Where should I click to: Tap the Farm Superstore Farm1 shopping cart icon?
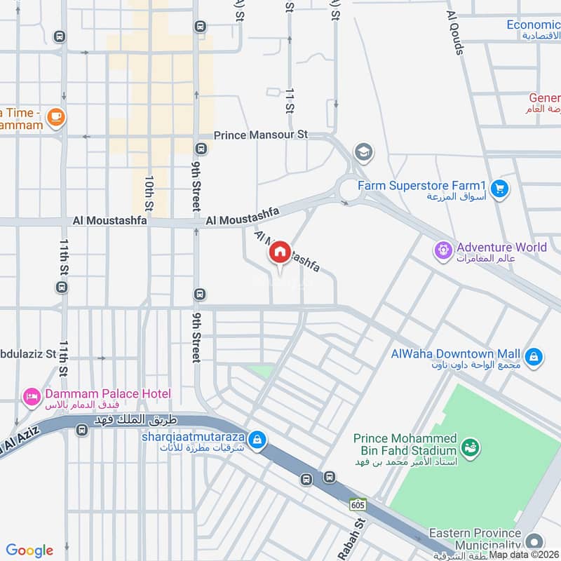499,187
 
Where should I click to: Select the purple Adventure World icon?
443,248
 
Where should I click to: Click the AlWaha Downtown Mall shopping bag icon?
534,356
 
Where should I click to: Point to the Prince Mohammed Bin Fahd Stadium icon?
471,445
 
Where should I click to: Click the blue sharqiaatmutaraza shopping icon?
257,439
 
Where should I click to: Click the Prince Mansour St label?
260,134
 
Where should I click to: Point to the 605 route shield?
358,504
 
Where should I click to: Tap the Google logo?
29,550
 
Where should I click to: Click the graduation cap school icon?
363,151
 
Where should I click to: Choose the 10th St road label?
149,193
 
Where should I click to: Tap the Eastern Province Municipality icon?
534,541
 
